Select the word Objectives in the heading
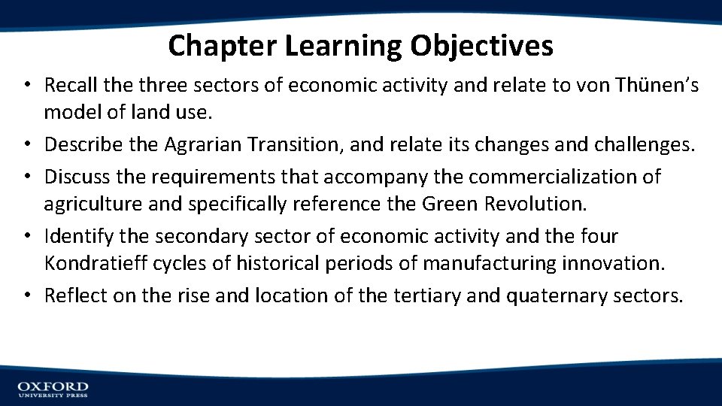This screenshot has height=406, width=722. coord(481,47)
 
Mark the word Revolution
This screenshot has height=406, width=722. coord(544,204)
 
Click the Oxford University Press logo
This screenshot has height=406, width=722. coord(53,388)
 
